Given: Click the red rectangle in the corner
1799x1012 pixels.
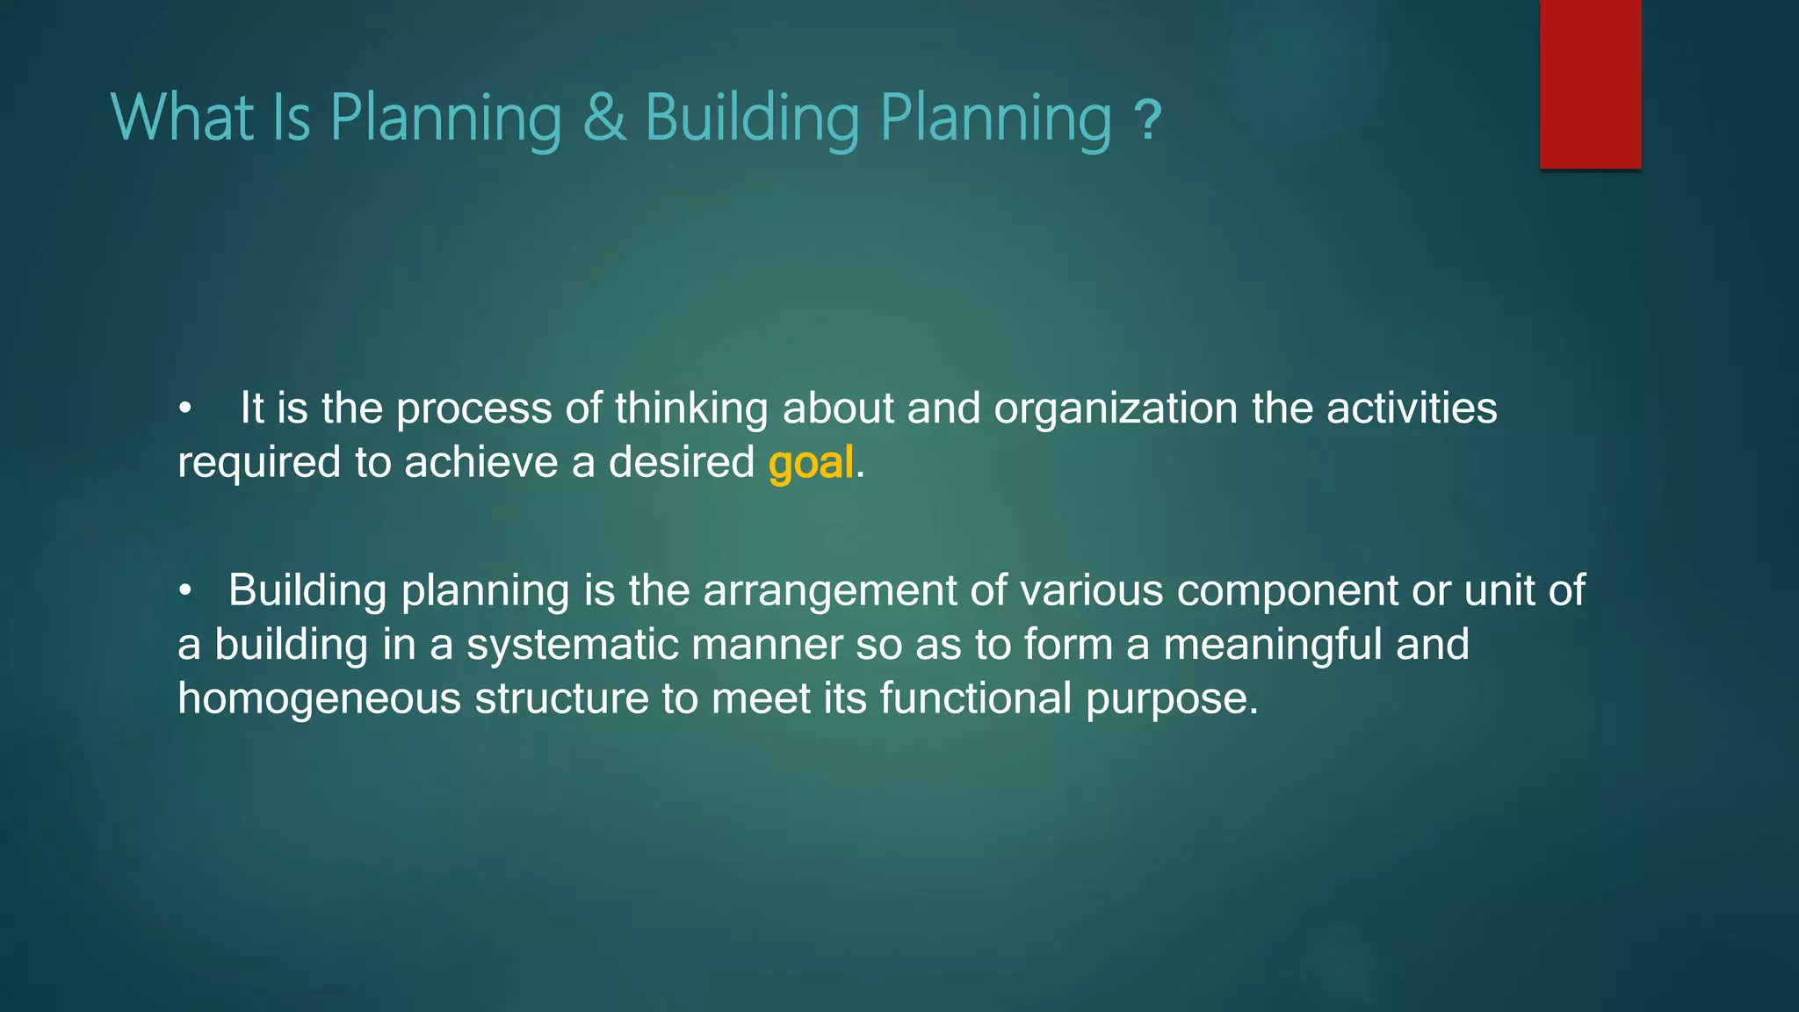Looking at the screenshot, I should (x=1590, y=84).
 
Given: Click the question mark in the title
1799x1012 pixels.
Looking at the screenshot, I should (x=1147, y=121).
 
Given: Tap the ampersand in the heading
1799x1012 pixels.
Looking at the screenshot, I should (x=604, y=118).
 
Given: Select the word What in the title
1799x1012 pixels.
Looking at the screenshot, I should (x=182, y=118).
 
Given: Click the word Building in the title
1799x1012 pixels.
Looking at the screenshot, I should (x=752, y=118).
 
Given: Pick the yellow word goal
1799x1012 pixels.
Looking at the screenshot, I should (x=810, y=463).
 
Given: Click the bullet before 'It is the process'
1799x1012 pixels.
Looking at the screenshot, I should (x=184, y=409).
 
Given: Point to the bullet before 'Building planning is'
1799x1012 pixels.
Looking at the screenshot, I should (x=184, y=592).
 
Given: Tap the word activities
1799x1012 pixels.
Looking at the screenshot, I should (x=1411, y=409).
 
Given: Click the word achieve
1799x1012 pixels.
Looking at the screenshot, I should (x=480, y=463).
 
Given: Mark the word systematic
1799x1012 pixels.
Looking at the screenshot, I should (x=572, y=645).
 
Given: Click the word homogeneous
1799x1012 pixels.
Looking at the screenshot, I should (x=319, y=699).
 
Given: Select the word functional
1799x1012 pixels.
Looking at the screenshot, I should (x=975, y=699).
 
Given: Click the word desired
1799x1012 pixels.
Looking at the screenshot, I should (x=681, y=463).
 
